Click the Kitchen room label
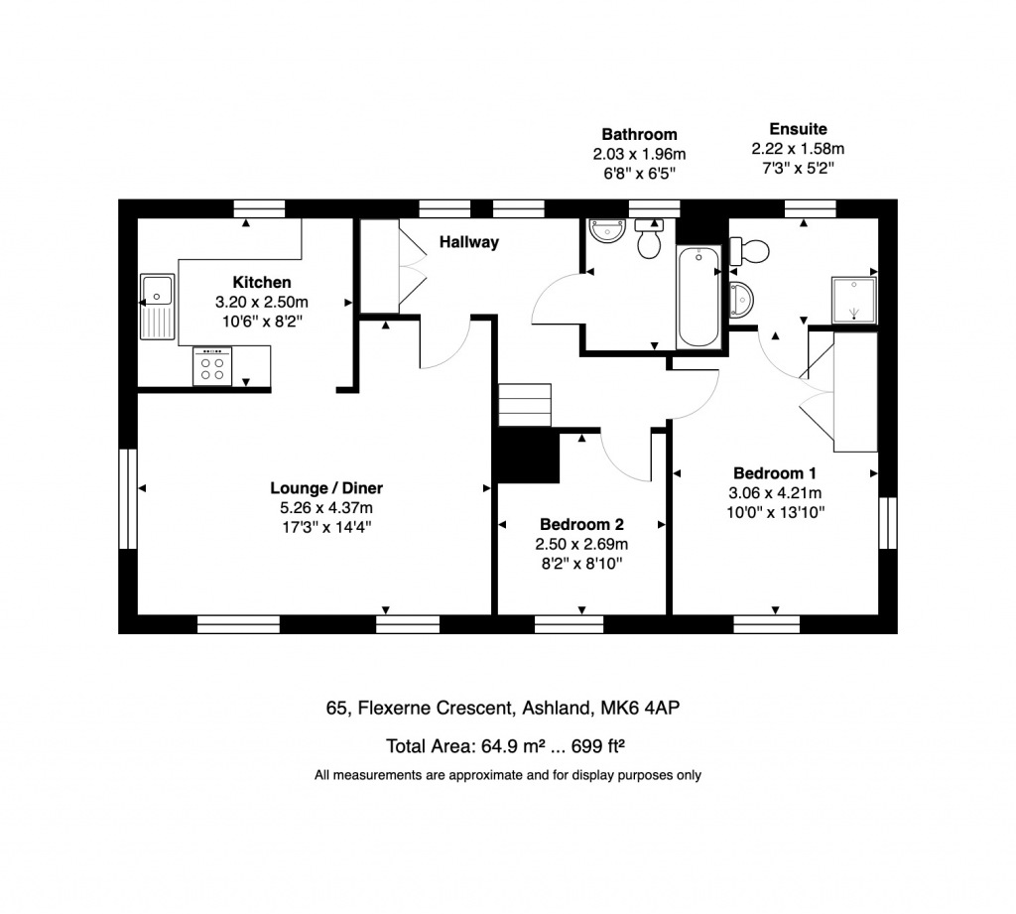[262, 282]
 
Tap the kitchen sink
[157, 306]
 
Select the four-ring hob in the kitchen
[212, 367]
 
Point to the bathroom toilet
[650, 240]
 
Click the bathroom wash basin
[605, 231]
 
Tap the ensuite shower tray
[854, 301]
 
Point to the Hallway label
[469, 242]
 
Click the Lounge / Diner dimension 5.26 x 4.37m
[325, 507]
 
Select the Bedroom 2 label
[581, 524]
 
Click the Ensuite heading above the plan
[798, 129]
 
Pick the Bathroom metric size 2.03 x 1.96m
[639, 154]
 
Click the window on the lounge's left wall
[127, 498]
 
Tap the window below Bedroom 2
[569, 624]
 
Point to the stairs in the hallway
[523, 404]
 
